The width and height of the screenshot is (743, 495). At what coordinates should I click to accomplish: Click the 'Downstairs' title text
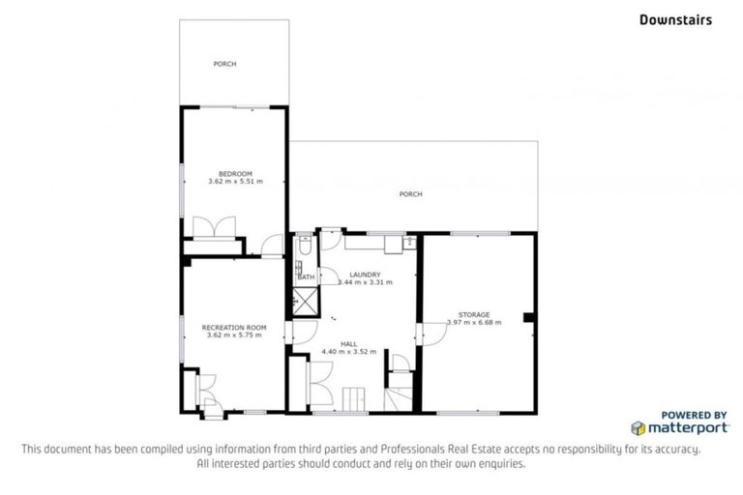click(x=674, y=18)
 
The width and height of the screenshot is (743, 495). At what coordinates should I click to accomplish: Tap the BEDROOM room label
click(x=234, y=173)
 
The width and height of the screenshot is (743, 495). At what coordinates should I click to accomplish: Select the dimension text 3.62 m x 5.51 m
click(x=234, y=181)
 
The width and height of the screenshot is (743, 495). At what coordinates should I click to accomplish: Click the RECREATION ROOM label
click(x=233, y=328)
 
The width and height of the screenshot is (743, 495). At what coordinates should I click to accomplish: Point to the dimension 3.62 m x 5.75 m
click(x=234, y=335)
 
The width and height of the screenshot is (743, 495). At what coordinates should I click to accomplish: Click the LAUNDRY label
click(x=365, y=274)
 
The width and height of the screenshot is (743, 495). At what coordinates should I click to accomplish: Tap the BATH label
click(x=306, y=277)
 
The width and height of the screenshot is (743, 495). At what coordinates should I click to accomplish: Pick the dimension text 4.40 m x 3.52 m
click(x=355, y=351)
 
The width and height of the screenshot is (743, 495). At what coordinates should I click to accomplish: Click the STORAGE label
click(x=474, y=314)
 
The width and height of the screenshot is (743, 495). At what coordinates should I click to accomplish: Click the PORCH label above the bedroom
click(x=224, y=64)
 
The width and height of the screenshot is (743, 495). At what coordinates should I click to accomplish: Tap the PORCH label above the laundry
click(x=411, y=194)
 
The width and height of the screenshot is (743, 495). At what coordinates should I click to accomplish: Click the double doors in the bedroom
click(x=213, y=227)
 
